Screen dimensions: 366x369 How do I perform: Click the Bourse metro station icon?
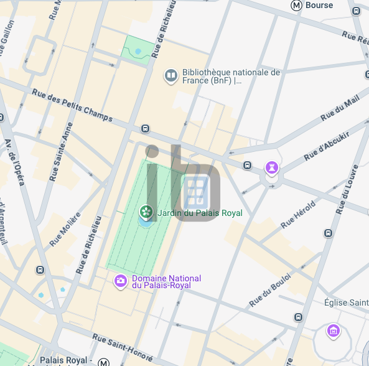(x=297, y=6)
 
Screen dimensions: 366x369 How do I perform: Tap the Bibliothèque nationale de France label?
(x=231, y=77)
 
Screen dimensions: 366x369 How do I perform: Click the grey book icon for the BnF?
(x=170, y=76)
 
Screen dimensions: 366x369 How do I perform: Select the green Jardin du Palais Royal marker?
(x=146, y=213)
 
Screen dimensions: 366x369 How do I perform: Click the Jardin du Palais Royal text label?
(x=200, y=213)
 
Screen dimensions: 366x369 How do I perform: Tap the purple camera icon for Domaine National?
(x=120, y=282)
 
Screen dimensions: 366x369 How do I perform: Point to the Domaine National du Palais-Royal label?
(x=166, y=282)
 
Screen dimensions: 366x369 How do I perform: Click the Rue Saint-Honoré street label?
(x=122, y=347)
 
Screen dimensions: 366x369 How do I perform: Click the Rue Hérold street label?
(x=299, y=213)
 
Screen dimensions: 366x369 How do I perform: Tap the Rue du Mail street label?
(x=340, y=110)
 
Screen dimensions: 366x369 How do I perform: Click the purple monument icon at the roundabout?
(x=272, y=167)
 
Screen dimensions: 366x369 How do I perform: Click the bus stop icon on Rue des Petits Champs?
(x=145, y=129)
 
